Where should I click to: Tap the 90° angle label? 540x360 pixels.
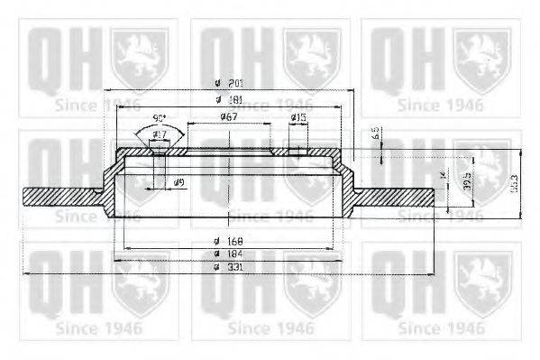[159, 118]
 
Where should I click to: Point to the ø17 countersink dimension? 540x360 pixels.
[160, 135]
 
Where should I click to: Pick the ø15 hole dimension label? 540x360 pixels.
[298, 117]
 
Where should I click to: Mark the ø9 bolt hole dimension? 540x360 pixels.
[180, 183]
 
